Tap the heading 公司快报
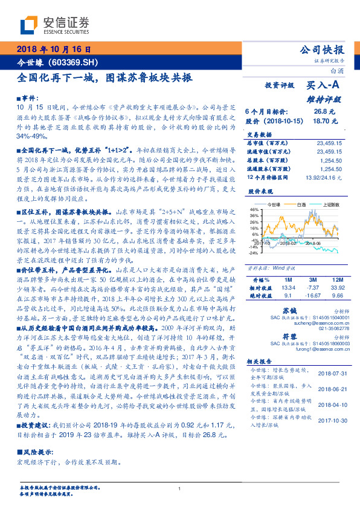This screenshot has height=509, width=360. tap(322, 50)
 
